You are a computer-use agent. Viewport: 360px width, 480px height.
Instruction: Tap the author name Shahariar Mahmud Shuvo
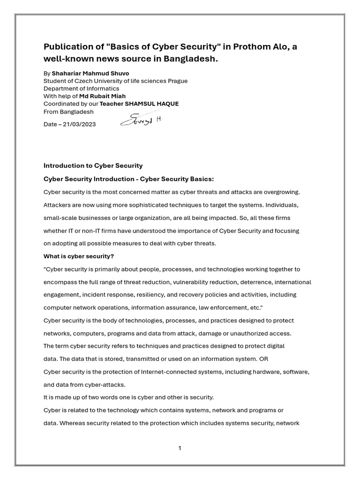tap(90, 74)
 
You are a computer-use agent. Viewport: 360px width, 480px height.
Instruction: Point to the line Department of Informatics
tap(81, 89)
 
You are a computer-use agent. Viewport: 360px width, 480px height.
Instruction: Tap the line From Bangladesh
tap(68, 112)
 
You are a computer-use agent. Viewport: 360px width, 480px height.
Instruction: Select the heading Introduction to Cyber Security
tap(93, 165)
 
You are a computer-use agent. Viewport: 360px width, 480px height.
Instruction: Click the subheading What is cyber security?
tap(79, 256)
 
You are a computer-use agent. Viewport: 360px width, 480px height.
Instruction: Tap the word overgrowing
tap(279, 192)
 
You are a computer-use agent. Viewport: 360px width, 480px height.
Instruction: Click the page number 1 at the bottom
tap(180, 448)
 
